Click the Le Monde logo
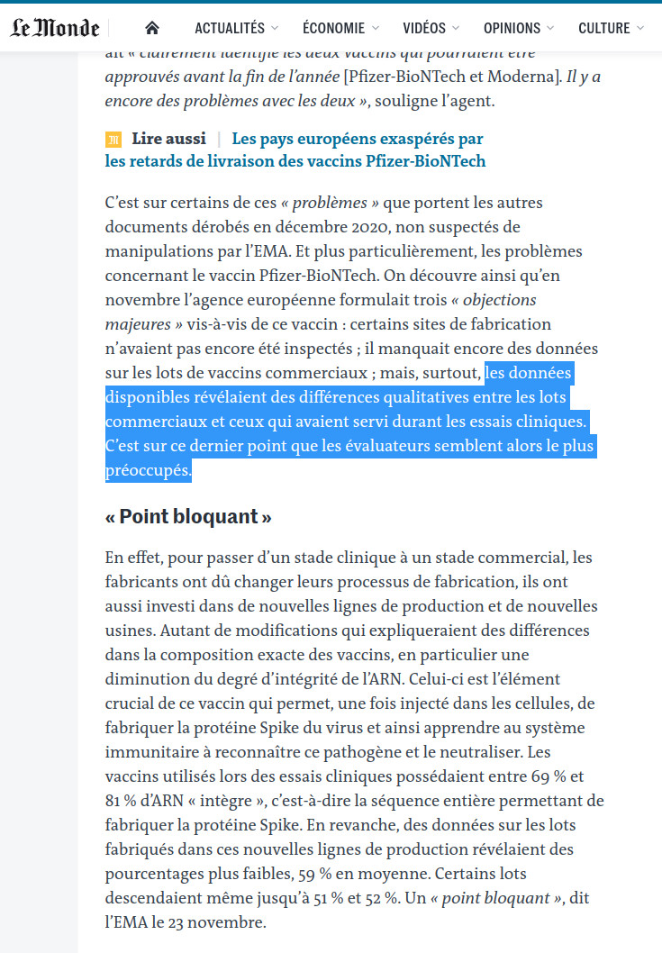pos(55,28)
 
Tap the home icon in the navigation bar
pos(152,28)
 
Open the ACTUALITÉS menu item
pos(230,28)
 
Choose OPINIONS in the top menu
pos(512,28)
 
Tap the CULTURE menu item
pos(604,28)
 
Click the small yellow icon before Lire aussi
pos(113,140)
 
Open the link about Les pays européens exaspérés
pos(358,139)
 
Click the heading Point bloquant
pos(188,517)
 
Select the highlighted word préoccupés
pos(148,470)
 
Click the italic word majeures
pos(136,324)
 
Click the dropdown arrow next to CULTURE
pos(640,28)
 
